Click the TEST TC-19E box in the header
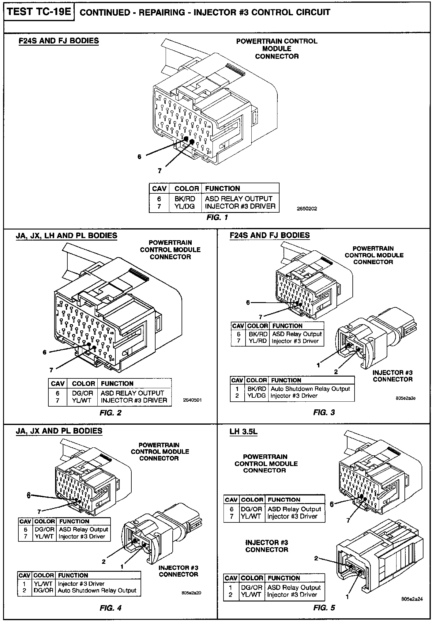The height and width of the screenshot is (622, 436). click(x=39, y=12)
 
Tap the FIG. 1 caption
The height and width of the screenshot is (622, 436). click(x=218, y=218)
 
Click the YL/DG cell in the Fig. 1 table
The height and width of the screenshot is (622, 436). click(x=185, y=207)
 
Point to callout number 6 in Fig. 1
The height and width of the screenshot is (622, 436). click(x=140, y=157)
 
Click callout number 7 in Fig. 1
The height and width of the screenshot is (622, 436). click(x=160, y=171)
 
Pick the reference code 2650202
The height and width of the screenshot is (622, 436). click(x=307, y=209)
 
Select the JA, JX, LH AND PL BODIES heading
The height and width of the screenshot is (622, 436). click(x=66, y=236)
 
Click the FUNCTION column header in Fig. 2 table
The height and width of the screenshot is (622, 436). click(x=117, y=384)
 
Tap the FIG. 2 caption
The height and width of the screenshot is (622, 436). click(x=111, y=413)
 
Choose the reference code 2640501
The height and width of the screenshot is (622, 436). click(x=192, y=400)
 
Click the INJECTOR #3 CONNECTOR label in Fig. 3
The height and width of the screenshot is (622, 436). click(x=393, y=376)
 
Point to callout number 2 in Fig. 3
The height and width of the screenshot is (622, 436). click(x=336, y=372)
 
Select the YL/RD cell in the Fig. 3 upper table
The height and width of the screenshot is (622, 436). click(x=257, y=341)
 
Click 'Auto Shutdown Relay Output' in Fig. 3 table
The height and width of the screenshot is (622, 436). click(x=310, y=389)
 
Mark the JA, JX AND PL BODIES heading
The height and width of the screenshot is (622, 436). click(x=59, y=431)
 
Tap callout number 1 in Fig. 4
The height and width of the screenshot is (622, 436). click(x=122, y=567)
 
